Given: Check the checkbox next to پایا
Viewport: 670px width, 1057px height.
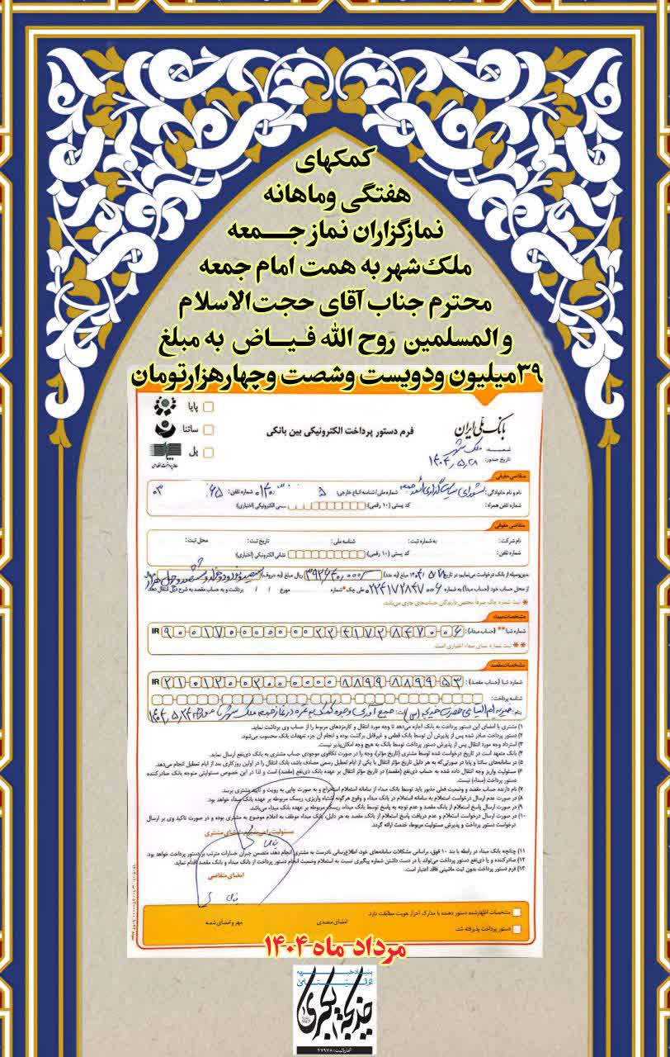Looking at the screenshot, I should point(208,406).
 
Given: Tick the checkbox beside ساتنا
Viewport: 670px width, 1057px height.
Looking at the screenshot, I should point(208,429).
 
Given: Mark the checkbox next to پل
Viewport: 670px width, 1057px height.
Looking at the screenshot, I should point(208,452).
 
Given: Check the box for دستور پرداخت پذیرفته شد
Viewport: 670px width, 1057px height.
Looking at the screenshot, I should point(517,931).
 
